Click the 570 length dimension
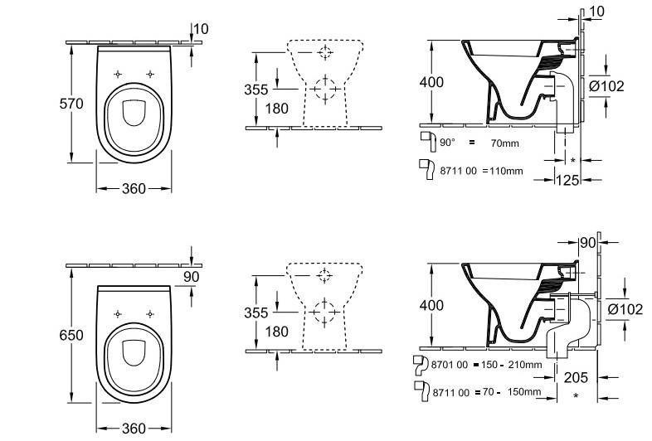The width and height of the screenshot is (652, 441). [71, 104]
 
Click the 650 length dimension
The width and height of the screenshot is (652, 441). [71, 335]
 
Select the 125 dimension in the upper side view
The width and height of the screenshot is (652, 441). [567, 180]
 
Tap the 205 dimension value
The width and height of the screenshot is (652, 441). [576, 377]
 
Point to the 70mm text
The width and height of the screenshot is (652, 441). [505, 143]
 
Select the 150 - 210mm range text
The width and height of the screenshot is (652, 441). [512, 365]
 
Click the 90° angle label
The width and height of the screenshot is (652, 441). [447, 143]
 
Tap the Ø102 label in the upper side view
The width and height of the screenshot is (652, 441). [607, 86]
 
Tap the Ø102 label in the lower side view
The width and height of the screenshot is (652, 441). [625, 309]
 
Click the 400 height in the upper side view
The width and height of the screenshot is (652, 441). [431, 82]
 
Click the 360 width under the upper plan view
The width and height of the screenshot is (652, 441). [134, 189]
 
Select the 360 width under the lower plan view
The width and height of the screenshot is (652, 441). [134, 428]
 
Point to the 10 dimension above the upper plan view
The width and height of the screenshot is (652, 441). [202, 29]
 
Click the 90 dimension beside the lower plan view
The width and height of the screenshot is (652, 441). [192, 277]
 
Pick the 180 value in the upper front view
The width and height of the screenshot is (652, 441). [277, 109]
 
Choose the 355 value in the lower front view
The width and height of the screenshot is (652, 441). [256, 313]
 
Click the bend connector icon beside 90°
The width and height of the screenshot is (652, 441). [428, 138]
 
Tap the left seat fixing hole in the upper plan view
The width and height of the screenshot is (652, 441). [118, 74]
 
